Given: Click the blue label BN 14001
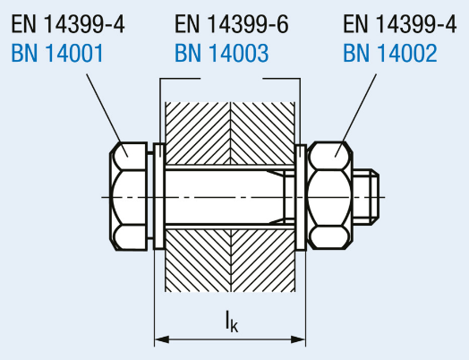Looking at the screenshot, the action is (57, 53).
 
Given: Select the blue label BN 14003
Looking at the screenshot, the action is (222, 53).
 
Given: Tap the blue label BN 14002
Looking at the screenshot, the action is (390, 53).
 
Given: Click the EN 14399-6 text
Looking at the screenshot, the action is (232, 24).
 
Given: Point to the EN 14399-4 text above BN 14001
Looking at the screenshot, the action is (68, 24).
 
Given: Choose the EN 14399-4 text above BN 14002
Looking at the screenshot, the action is (400, 24).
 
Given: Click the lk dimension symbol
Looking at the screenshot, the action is (232, 321).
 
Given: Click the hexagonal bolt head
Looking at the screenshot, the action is (129, 196).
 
